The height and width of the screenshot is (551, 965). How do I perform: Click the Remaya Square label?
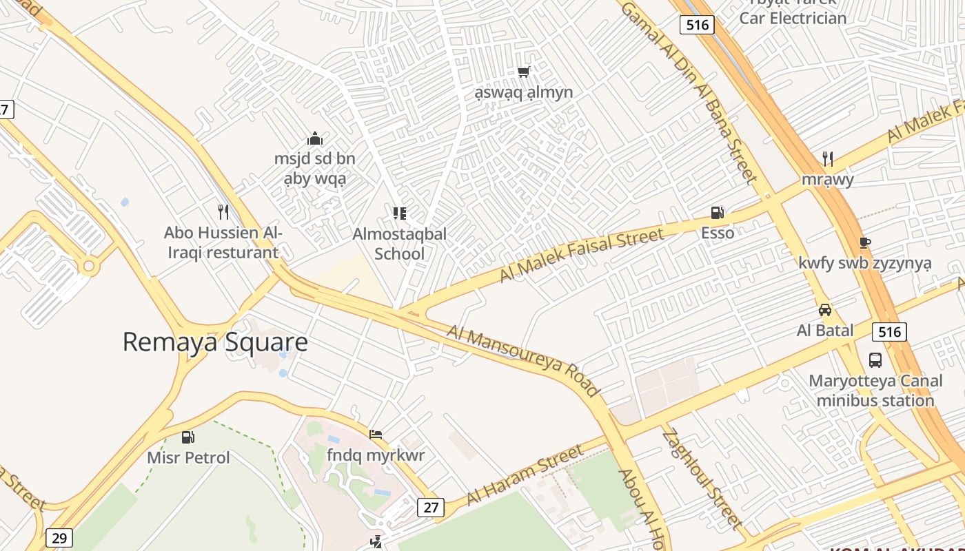(x=215, y=342)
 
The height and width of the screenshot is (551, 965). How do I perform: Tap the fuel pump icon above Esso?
(x=718, y=213)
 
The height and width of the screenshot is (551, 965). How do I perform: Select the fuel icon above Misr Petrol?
(x=187, y=437)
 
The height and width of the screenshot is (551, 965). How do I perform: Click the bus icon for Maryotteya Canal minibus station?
(x=875, y=360)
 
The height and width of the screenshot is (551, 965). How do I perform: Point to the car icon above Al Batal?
(x=825, y=310)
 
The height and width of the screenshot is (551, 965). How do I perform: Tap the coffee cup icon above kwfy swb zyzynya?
(x=865, y=242)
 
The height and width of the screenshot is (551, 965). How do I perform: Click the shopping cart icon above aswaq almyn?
(x=524, y=72)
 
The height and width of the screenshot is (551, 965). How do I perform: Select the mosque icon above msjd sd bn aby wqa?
(x=315, y=138)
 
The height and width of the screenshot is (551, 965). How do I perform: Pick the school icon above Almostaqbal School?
(x=399, y=214)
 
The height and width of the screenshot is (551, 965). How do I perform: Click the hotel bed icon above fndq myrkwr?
(x=376, y=435)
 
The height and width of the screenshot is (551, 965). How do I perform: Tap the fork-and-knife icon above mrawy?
(x=828, y=159)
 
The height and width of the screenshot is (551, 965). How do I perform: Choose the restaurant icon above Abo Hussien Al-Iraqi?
(x=223, y=211)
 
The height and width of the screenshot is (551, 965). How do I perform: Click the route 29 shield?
(x=59, y=538)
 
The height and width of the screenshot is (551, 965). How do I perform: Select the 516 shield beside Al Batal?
(x=889, y=332)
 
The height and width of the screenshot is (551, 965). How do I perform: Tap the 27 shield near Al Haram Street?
(x=431, y=508)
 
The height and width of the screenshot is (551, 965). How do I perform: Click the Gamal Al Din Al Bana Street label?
(x=689, y=90)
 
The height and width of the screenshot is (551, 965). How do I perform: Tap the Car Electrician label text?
(x=793, y=18)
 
